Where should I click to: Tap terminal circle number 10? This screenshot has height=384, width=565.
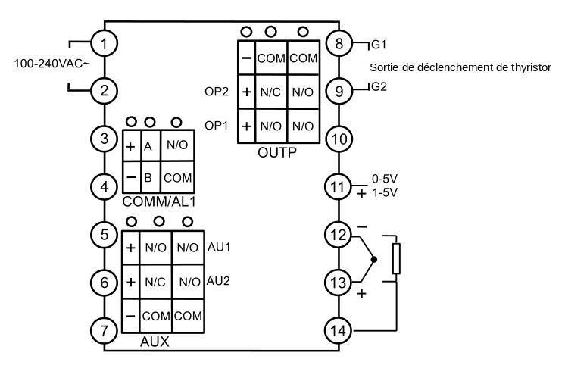pos(339,138)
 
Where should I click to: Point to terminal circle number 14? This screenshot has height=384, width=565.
pos(339,330)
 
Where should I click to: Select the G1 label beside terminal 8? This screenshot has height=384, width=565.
pos(380,43)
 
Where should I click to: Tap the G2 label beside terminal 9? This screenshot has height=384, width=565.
pos(379,87)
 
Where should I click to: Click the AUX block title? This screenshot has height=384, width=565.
pos(155,342)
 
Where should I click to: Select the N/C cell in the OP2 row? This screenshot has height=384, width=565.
pos(270,93)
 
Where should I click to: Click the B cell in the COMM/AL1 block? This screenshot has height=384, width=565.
pos(148,178)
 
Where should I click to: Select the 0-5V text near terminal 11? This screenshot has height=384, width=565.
pos(385,179)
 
